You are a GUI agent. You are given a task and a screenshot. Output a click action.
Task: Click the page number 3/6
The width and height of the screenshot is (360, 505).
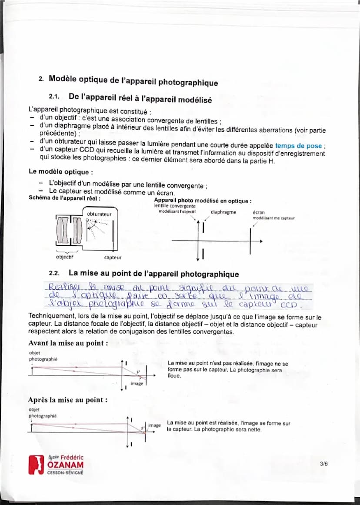(323, 464)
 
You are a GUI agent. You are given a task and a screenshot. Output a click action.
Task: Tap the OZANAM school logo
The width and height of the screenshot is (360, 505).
(56, 465)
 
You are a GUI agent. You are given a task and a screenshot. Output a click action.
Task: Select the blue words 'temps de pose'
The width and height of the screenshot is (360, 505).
(298, 146)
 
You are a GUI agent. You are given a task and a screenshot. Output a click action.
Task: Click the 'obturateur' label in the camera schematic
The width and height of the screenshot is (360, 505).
(99, 214)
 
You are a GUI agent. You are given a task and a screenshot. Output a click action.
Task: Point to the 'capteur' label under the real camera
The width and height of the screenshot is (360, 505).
(113, 258)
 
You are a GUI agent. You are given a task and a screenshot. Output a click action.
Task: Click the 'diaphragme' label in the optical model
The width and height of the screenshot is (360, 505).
(223, 212)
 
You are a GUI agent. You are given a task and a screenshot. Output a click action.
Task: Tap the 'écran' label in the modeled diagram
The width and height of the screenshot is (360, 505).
(258, 213)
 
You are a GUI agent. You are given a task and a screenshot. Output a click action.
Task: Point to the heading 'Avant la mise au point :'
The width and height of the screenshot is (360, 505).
(68, 343)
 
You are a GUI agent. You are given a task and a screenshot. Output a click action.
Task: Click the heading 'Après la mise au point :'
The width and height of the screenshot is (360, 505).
(67, 400)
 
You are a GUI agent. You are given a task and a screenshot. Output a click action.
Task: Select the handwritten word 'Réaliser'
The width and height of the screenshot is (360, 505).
(62, 288)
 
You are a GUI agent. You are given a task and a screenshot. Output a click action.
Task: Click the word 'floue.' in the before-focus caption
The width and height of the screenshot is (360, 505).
(174, 376)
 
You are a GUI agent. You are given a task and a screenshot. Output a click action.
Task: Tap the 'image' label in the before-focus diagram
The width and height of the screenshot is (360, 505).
(137, 383)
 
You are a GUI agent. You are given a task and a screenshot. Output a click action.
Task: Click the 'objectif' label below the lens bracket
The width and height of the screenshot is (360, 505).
(65, 257)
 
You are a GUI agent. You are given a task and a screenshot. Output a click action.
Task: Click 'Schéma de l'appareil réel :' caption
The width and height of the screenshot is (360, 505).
(64, 198)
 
